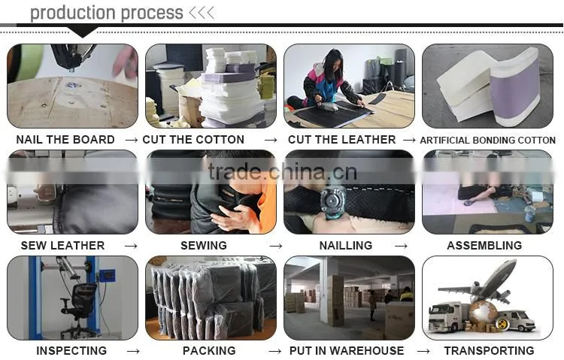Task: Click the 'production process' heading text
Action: click(x=107, y=14)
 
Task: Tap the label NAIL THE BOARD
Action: click(x=65, y=140)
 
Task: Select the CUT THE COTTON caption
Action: click(x=193, y=140)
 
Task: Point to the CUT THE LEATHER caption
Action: click(x=341, y=140)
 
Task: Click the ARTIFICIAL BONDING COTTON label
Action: click(x=488, y=141)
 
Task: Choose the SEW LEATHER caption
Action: click(x=62, y=246)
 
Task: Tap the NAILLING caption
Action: click(x=346, y=246)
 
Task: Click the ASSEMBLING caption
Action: click(x=484, y=246)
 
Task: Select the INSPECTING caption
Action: click(x=71, y=351)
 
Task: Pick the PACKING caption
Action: click(x=209, y=351)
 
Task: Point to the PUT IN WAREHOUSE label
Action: click(x=347, y=351)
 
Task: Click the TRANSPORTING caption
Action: click(x=490, y=351)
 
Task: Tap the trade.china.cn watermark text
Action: click(x=282, y=171)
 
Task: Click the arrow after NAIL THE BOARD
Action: click(x=132, y=141)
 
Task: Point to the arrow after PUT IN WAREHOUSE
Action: click(x=423, y=352)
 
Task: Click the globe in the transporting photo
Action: click(x=482, y=313)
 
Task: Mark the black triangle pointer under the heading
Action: click(x=83, y=32)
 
